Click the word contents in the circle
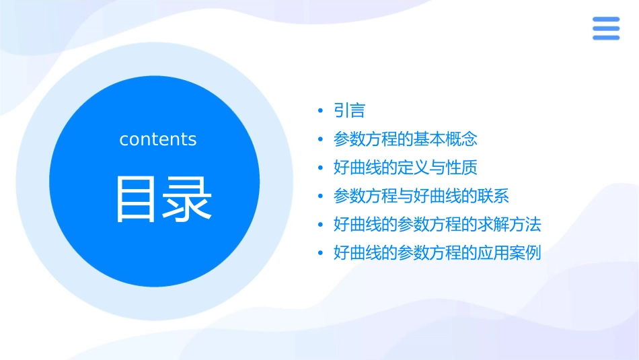tap(158, 139)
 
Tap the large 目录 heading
tap(164, 199)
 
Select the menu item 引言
tap(349, 110)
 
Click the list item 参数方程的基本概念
tap(405, 139)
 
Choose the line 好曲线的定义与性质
tap(405, 168)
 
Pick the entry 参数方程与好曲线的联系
tap(421, 196)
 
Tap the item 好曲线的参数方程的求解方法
tap(437, 224)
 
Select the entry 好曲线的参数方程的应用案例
tap(437, 253)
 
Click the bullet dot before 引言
tap(320, 111)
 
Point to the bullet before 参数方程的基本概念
tap(320, 139)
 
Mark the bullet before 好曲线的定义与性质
tap(320, 168)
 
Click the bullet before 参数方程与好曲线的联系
tap(320, 196)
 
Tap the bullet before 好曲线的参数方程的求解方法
tap(320, 225)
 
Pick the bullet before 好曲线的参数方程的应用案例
tap(320, 254)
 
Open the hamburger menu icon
tap(606, 28)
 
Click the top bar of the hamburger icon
tap(606, 20)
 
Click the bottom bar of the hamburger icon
tap(606, 37)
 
